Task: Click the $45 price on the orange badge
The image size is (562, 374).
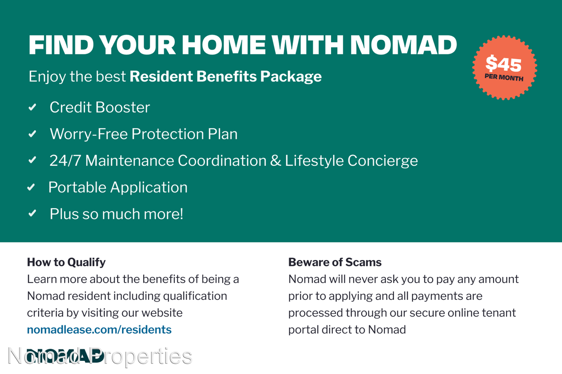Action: point(504,64)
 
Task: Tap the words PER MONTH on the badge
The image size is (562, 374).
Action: point(504,78)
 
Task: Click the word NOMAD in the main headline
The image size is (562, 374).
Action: point(403,45)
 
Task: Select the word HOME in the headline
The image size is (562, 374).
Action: point(224,45)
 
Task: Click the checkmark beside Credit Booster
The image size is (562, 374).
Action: point(32,107)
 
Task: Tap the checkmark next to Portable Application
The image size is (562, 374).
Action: point(31,187)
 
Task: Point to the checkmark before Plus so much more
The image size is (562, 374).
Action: point(32,214)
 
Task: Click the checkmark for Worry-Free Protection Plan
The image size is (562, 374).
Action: point(32,134)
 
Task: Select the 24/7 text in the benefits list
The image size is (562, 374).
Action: point(65,160)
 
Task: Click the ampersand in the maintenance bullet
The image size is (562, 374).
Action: point(275,160)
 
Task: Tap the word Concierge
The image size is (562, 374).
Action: point(382,161)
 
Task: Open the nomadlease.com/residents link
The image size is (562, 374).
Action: point(99,330)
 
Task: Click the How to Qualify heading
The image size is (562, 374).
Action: point(66,263)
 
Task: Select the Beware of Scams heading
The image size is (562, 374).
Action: point(335,262)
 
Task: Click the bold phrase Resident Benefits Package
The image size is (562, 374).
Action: point(226,76)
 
